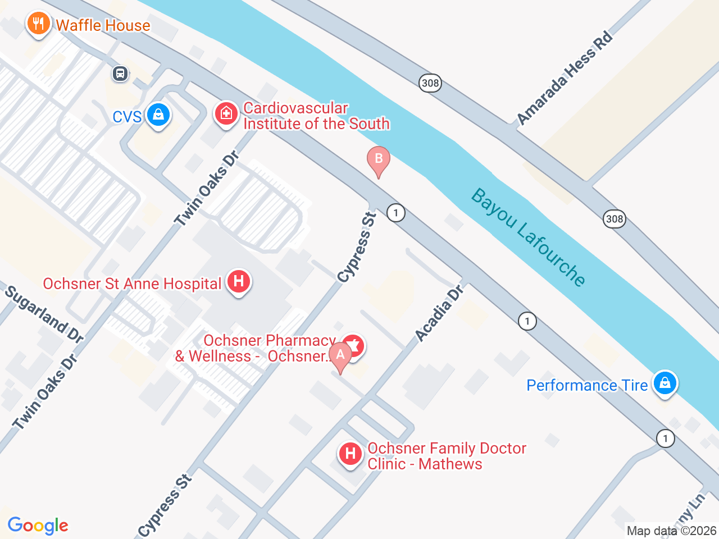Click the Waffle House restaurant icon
point(38,24)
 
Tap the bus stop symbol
point(120,74)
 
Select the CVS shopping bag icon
point(158,115)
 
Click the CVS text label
point(127,117)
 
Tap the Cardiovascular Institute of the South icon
point(226,114)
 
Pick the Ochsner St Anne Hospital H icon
point(238,281)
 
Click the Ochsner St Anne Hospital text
point(132,284)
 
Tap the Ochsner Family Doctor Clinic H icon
point(350,454)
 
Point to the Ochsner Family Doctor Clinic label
point(447,456)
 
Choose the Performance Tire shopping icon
point(665,383)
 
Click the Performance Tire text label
point(587,385)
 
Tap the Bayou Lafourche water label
point(529,237)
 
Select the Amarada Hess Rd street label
point(564,78)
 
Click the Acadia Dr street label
point(439,313)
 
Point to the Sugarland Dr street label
point(44,314)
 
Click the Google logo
point(38,526)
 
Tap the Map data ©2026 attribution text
point(671,531)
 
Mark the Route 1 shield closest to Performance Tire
point(666,438)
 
